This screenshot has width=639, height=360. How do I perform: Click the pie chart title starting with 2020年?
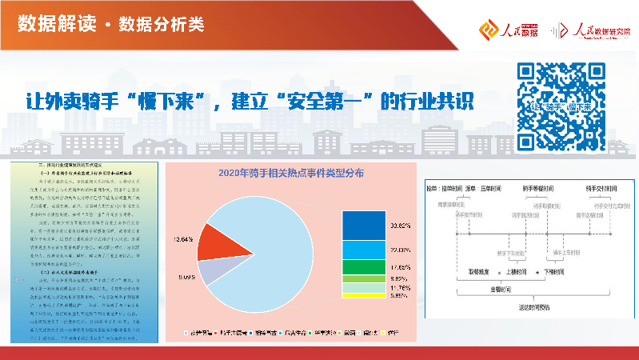[x=291, y=172]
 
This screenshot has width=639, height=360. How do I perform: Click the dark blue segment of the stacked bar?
[x=364, y=226]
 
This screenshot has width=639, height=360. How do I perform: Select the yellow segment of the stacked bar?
[x=364, y=295]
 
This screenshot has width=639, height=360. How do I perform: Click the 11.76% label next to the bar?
[x=401, y=287]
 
